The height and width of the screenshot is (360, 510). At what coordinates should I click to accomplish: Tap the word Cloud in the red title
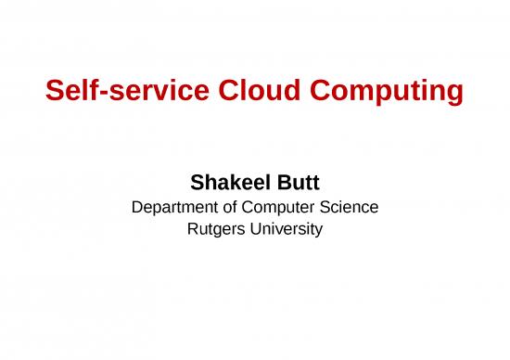(257, 92)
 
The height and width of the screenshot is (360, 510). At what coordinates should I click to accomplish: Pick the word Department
(174, 207)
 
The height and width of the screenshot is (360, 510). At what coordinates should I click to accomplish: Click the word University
(287, 228)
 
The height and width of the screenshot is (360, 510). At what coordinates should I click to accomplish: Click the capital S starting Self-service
(55, 92)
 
